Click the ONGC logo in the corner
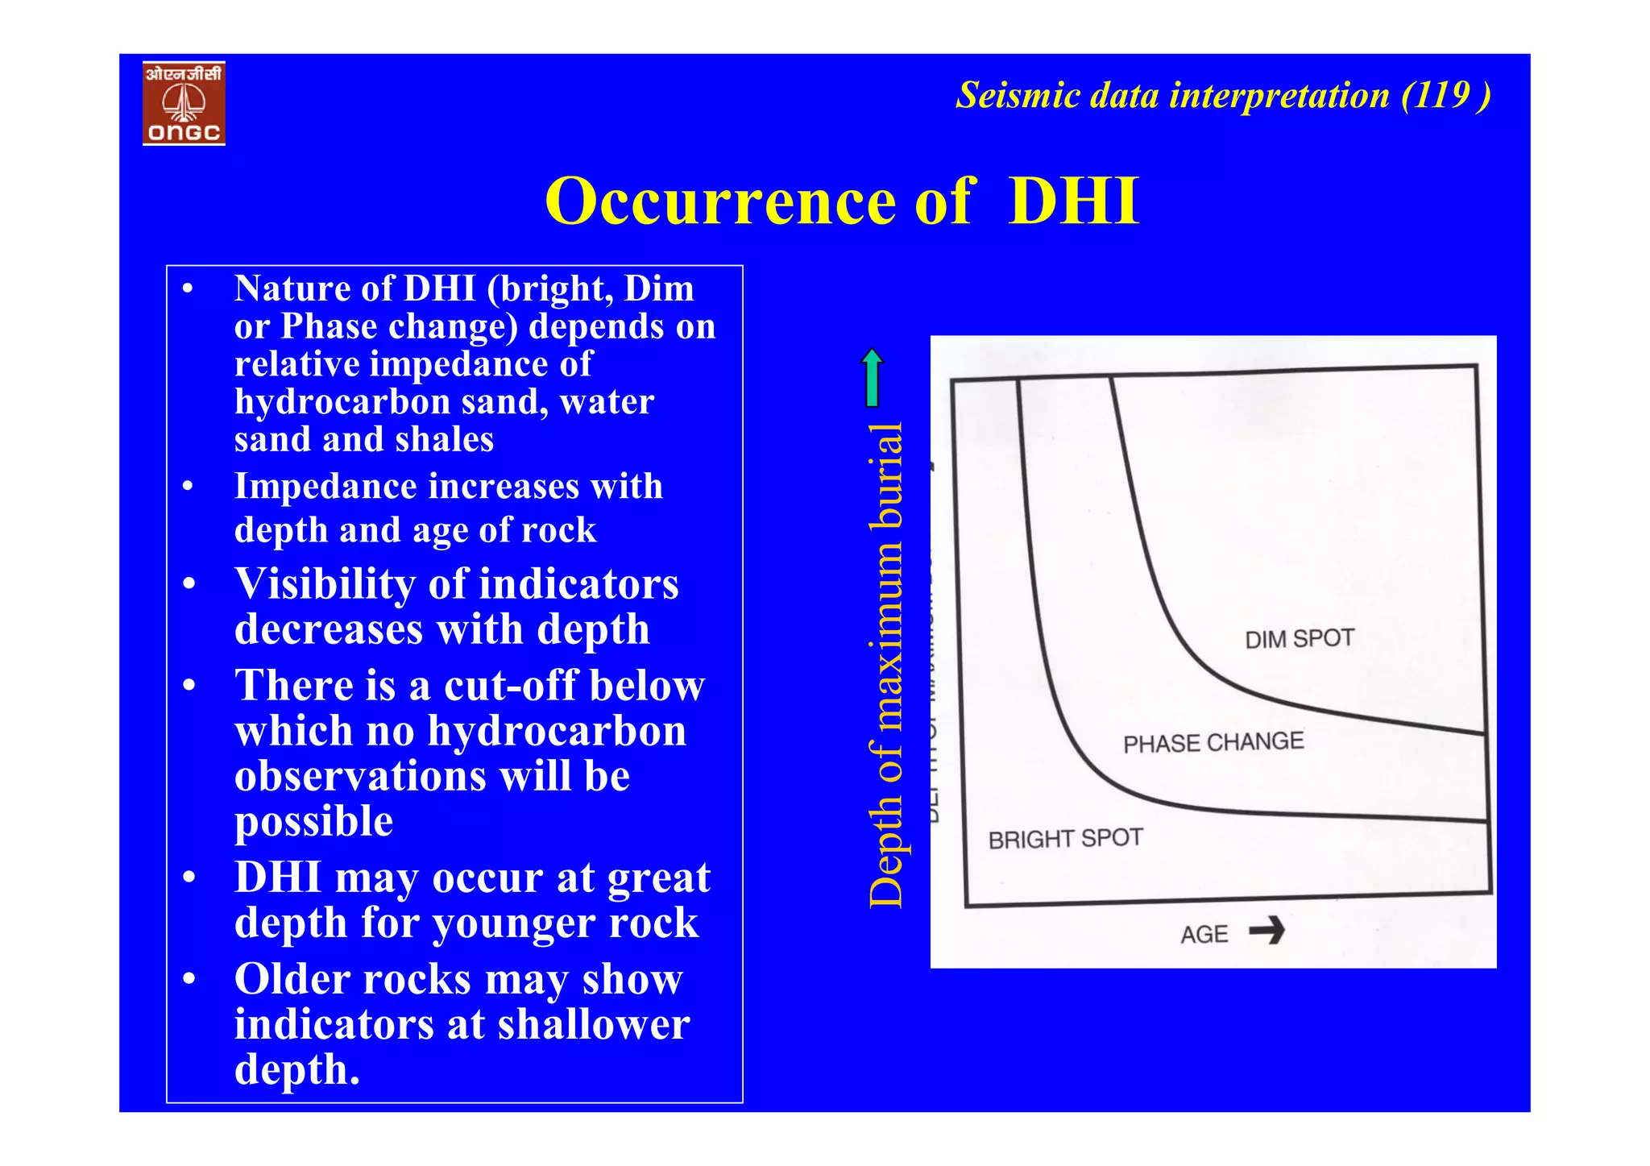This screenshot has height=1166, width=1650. click(x=184, y=103)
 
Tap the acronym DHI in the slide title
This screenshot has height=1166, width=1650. click(x=1073, y=201)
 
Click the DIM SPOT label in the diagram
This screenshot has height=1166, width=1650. click(x=1299, y=639)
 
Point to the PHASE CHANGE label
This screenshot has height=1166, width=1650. click(x=1213, y=742)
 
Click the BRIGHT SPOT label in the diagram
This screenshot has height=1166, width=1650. click(x=1065, y=839)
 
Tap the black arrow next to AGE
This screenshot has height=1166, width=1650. click(x=1267, y=931)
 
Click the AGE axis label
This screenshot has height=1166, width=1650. click(x=1204, y=935)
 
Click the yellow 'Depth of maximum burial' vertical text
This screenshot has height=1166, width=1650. click(x=886, y=665)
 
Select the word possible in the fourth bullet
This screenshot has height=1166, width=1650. click(x=313, y=822)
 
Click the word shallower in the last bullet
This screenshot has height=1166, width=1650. click(x=593, y=1025)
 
